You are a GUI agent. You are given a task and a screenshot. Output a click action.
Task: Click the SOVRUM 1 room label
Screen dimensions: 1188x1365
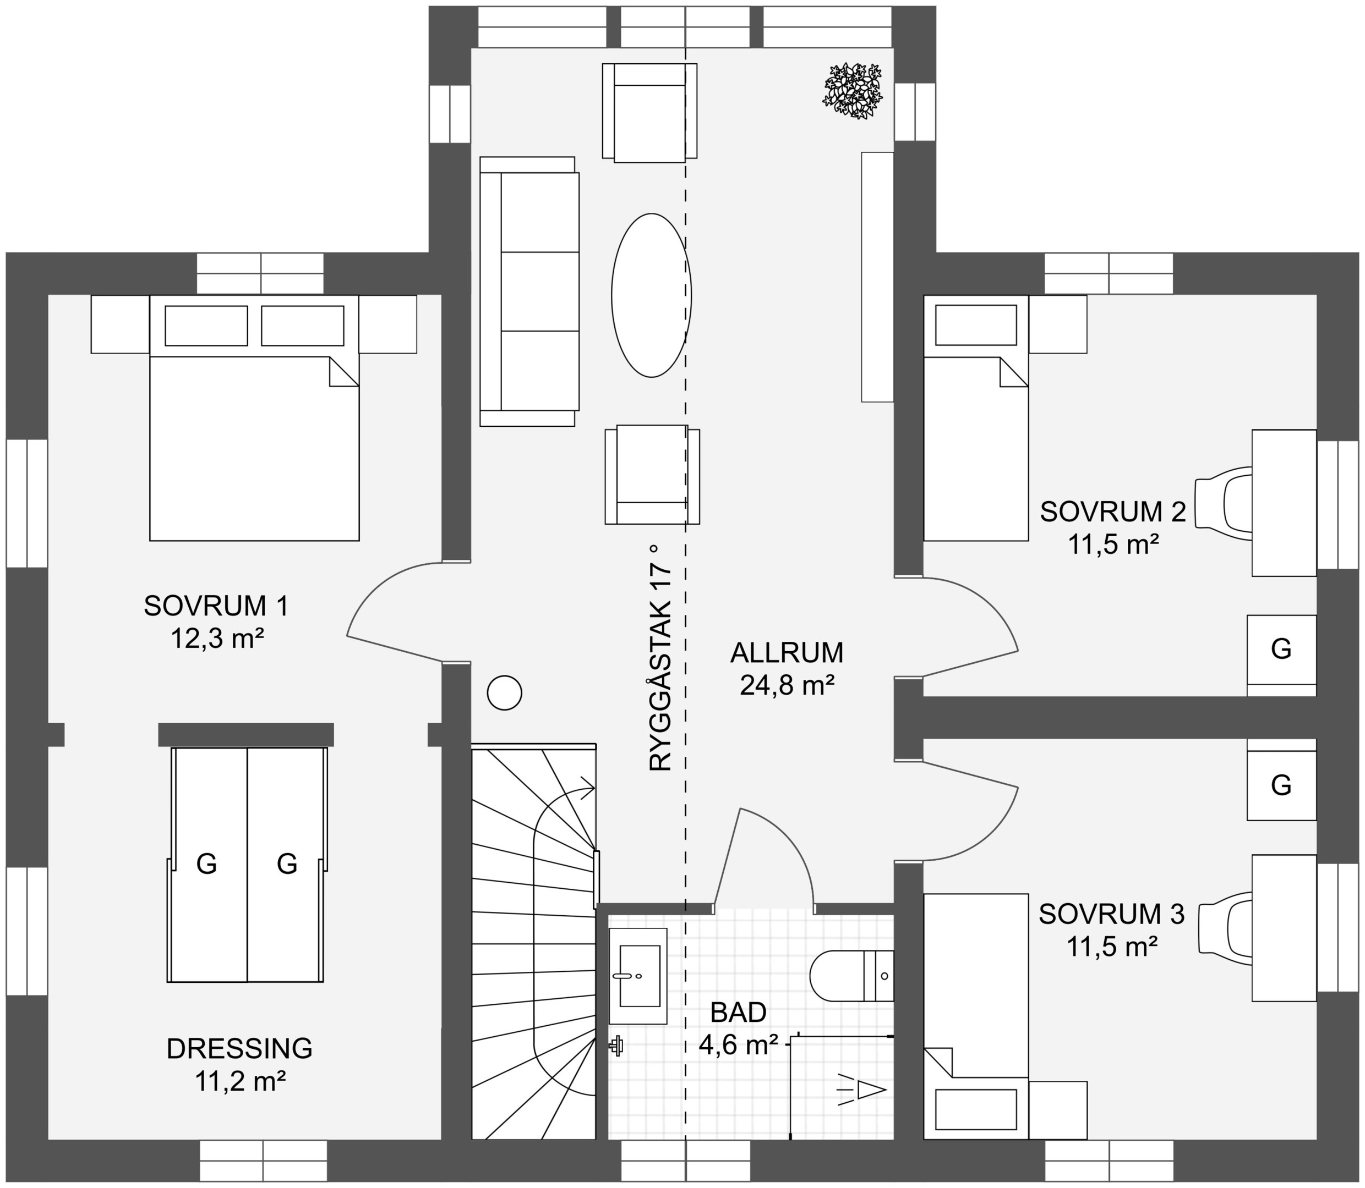[x=216, y=606]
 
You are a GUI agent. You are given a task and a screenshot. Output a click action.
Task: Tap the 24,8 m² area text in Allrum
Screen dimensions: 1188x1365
[x=787, y=685]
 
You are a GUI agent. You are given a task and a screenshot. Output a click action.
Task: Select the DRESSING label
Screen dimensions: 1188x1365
[x=239, y=1048]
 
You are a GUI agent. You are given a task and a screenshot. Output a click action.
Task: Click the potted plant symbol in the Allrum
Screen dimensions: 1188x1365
[x=853, y=91]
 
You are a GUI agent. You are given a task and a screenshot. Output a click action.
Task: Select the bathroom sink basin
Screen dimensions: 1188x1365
[x=638, y=976]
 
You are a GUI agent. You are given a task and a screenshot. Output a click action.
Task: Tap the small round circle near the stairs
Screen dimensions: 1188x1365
[x=504, y=693]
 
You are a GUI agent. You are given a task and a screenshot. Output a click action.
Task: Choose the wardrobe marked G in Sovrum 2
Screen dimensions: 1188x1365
[x=1281, y=649]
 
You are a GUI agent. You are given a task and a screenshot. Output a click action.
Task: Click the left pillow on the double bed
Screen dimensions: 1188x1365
[x=206, y=326]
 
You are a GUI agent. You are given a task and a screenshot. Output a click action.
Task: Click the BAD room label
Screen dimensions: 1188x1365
[x=738, y=1013]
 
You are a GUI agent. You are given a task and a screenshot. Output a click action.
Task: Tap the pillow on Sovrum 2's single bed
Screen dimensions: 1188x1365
[x=976, y=325]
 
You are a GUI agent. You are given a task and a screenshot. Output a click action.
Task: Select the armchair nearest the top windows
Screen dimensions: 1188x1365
[x=650, y=111]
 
